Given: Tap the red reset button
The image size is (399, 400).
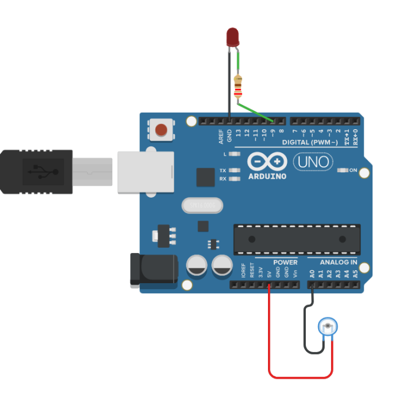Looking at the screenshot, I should [x=161, y=129].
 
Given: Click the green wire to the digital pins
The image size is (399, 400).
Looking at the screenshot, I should [x=255, y=112].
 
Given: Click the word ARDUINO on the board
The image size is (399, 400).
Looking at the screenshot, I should [x=267, y=176].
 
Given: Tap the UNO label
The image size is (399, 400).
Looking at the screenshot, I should [x=313, y=161].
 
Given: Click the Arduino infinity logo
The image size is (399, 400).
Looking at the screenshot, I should [x=267, y=161].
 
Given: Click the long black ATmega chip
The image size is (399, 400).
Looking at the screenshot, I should [x=296, y=240].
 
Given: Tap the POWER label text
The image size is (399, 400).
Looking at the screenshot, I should [x=285, y=262].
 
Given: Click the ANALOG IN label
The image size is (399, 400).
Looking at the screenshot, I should [x=338, y=262].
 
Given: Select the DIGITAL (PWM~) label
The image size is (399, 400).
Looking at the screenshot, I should [x=309, y=142].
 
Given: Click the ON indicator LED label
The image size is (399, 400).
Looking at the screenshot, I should [x=353, y=171].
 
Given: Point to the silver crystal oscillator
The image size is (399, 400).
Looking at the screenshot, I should [x=202, y=205].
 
